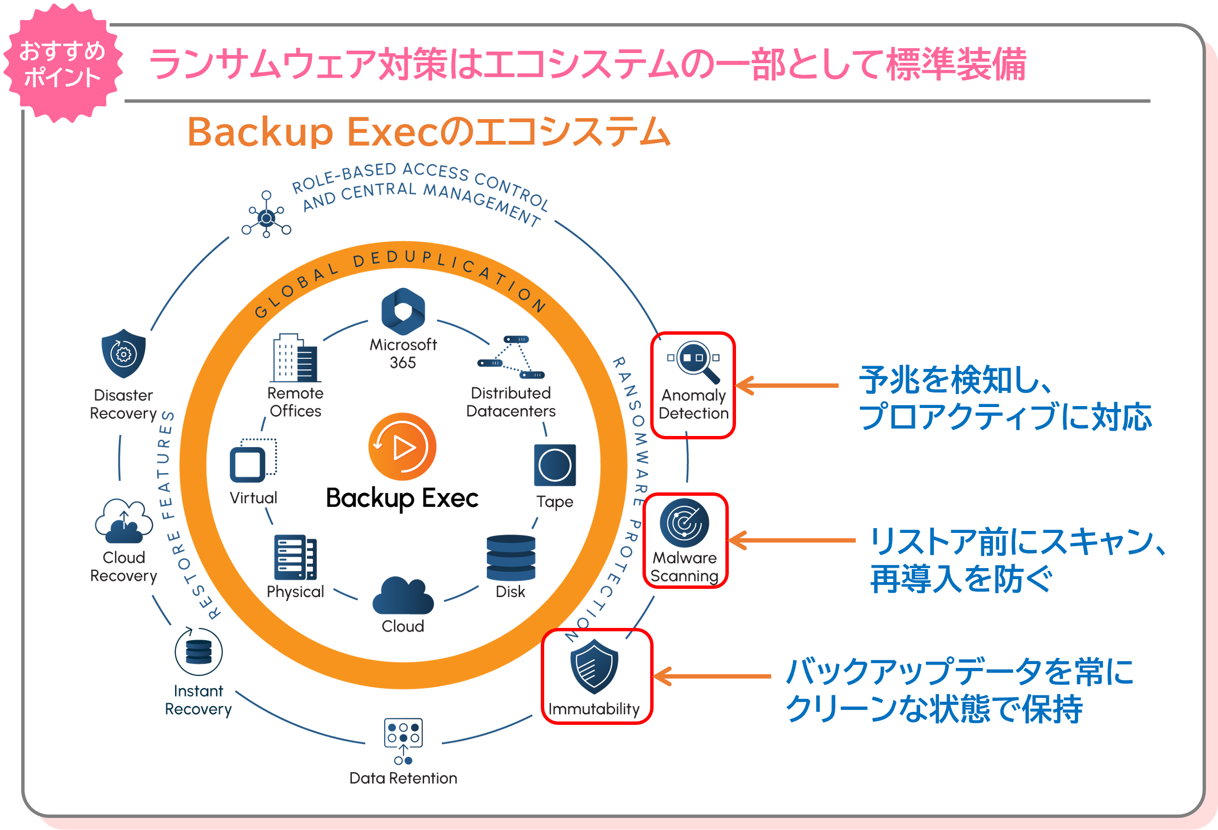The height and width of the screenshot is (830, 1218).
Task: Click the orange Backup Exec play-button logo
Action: pos(402,447)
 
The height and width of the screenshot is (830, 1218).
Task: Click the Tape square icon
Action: pos(554,465)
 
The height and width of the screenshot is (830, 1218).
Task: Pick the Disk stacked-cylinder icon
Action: pos(510,558)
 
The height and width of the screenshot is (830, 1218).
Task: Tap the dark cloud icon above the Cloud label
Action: pos(402,596)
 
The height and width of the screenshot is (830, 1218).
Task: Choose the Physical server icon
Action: pos(295,558)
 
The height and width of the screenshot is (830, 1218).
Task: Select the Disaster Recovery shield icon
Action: pos(123,354)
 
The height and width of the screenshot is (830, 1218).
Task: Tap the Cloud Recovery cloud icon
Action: pos(124,521)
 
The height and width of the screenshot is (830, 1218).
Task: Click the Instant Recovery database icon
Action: pos(198,652)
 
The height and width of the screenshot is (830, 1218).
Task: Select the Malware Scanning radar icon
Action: pos(684,523)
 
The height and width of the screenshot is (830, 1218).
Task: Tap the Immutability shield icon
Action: pos(594,667)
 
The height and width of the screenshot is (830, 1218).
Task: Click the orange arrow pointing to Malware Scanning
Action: pos(791,540)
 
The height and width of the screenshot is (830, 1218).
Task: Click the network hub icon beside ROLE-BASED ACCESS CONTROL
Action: pos(266,215)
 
